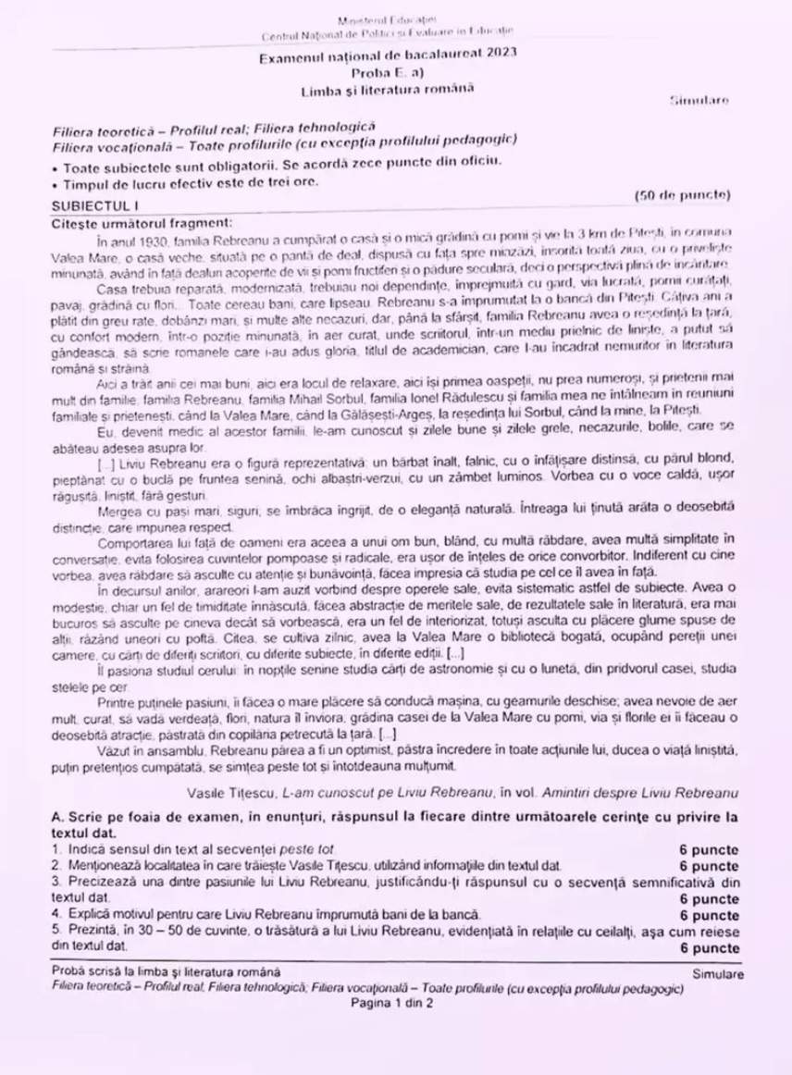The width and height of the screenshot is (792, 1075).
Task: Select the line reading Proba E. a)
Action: pos(388,71)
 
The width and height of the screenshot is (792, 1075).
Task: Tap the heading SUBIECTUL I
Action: pos(94,204)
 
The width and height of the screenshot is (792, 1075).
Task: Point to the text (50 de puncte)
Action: pos(683,194)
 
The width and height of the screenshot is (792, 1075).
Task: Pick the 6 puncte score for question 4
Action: pos(709,916)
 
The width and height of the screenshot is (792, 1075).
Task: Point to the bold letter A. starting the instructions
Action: pos(58,817)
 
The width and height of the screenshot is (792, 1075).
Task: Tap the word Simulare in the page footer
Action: pos(717,973)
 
